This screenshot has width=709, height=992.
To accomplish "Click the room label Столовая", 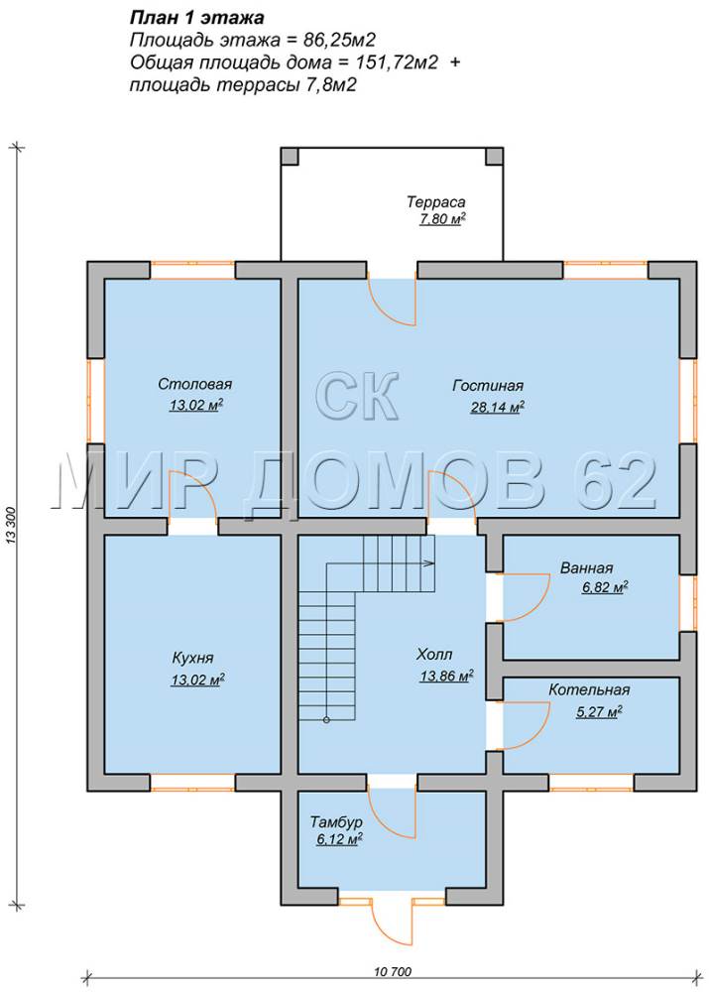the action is (x=194, y=384).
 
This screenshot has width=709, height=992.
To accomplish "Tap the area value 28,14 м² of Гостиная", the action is (x=497, y=408).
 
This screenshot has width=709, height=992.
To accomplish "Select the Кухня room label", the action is (x=193, y=658).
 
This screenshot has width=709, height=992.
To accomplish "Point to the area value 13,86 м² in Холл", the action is (x=447, y=677).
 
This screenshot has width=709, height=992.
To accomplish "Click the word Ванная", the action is (x=586, y=567).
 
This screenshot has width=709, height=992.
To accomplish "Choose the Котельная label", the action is (x=589, y=689).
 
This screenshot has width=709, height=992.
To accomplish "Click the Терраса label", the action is (x=435, y=202).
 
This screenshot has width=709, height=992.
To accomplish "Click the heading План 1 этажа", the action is (x=196, y=17).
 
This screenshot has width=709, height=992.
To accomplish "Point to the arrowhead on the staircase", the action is (x=430, y=562).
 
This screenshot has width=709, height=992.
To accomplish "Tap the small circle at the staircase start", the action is (x=326, y=720).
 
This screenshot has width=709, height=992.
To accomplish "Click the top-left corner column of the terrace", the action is (x=290, y=157).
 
